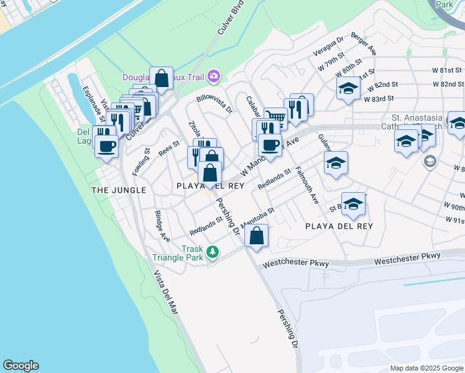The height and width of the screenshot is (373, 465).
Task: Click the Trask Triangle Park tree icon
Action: click(x=213, y=252)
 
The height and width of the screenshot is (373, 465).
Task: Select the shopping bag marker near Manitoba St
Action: click(x=256, y=236)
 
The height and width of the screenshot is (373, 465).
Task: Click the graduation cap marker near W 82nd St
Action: click(x=348, y=88)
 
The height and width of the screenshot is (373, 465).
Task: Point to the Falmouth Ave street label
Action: click(x=308, y=185)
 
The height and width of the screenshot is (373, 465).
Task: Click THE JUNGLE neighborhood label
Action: click(x=119, y=190)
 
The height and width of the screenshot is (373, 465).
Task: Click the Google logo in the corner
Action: click(x=21, y=366)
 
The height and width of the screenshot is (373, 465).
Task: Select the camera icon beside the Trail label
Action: click(x=214, y=76)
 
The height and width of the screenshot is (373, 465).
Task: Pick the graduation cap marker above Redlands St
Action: click(x=336, y=164)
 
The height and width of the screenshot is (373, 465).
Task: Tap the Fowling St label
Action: click(x=140, y=160)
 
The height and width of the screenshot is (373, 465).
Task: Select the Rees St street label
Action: click(x=168, y=147)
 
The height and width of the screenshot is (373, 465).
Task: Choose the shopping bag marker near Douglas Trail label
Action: click(x=162, y=79)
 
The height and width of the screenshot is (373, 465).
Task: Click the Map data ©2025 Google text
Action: click(x=426, y=368)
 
